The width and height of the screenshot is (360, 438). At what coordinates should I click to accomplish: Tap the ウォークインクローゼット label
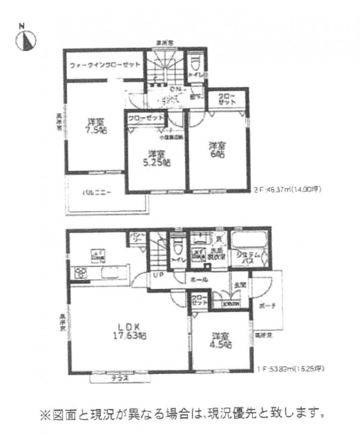pos(105,65)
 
